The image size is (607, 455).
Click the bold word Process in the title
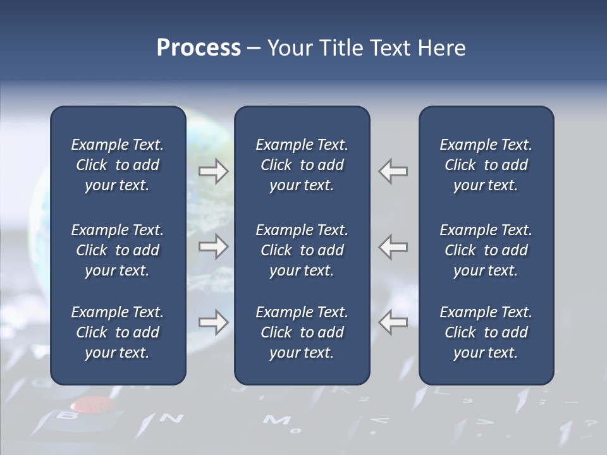coord(199,48)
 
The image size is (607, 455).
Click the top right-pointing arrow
coord(213,171)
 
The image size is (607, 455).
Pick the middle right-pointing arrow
coord(213,246)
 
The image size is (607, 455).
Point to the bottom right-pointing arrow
coord(213,322)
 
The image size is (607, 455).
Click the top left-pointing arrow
coord(393,171)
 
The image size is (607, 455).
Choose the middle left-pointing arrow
coord(393,246)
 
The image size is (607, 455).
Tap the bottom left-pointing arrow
coord(393,322)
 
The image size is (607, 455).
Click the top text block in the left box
coord(118,165)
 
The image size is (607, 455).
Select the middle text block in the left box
coord(118,250)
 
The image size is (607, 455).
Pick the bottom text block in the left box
coord(118,332)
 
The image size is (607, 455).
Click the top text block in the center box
coord(302,165)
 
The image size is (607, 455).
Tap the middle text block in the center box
coord(302,250)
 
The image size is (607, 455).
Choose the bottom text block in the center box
coord(302,332)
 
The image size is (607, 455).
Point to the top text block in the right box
coord(486,165)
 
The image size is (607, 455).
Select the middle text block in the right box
coord(486,250)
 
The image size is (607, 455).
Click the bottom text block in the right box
coord(486,332)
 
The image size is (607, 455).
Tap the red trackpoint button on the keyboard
coord(89,404)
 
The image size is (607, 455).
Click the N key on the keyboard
coord(171,418)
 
